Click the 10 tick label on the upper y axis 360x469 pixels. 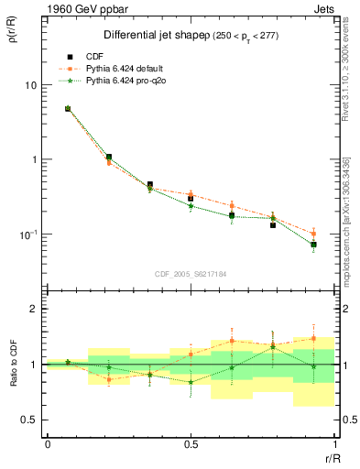point(30,85)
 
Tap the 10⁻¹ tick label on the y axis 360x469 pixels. point(27,234)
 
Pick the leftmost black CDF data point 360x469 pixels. point(68,109)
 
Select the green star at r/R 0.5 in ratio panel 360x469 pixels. point(191,382)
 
